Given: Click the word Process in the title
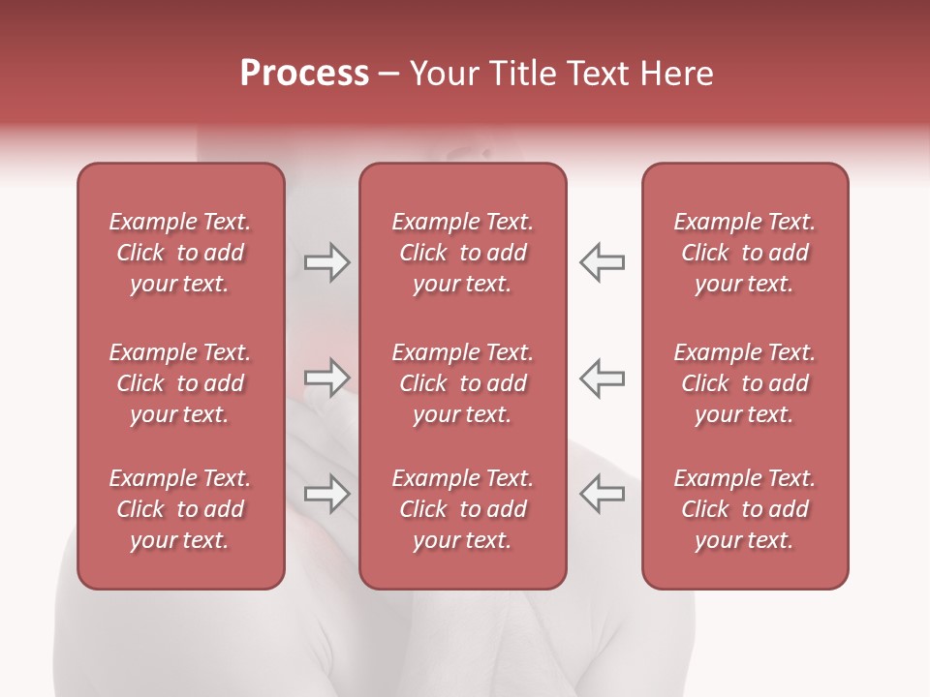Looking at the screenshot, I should coord(304,74).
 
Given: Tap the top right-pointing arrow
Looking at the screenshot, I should coord(326,262).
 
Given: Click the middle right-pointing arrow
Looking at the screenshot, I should coord(326,378).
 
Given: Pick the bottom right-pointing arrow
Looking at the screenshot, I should coord(326,494).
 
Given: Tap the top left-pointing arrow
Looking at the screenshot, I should coord(603,262).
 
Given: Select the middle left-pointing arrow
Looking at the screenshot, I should coord(603,378).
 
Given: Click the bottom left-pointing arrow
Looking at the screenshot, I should coord(603,494).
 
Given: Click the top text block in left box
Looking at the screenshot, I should coord(180,253).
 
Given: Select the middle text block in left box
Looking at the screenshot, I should coord(180,383).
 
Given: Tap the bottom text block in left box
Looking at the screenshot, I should coord(180,509).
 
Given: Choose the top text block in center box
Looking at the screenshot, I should coord(463,253).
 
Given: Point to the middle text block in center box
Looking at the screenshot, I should coord(463,383).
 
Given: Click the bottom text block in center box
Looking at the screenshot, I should coord(463,509).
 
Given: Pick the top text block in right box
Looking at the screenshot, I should coord(745,253).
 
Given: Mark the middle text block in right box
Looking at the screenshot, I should coord(745,383).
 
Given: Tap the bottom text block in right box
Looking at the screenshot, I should coord(745,509).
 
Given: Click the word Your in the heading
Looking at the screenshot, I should coord(444,74).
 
